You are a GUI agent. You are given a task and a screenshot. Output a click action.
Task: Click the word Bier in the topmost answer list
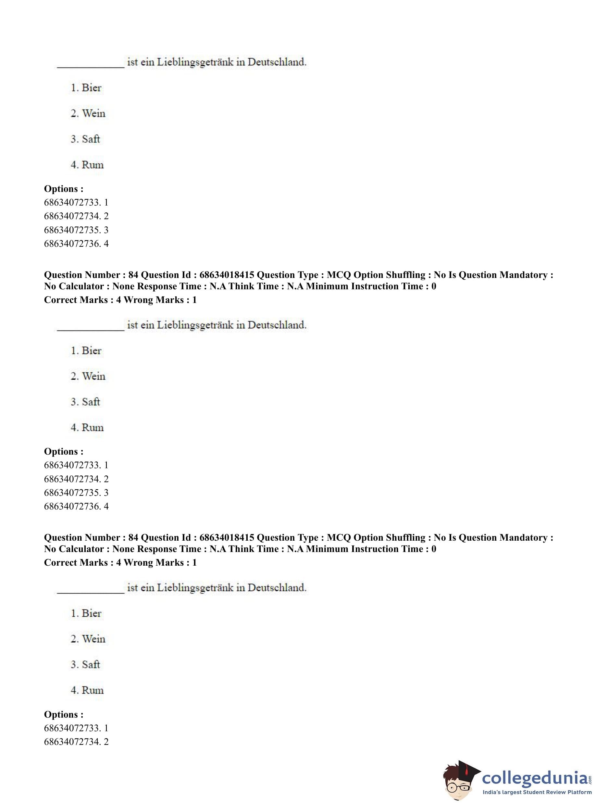coord(91,88)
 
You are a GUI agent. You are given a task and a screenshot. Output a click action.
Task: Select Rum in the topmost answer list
coord(93,165)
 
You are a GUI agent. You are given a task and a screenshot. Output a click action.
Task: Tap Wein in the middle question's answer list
coord(93,376)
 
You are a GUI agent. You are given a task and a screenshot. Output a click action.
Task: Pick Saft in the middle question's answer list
coord(91,402)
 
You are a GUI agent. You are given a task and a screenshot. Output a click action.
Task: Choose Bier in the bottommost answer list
coord(91,613)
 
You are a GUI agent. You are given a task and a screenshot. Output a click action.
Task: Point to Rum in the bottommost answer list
coord(93,690)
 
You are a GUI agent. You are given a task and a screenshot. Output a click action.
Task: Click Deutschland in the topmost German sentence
coord(277,62)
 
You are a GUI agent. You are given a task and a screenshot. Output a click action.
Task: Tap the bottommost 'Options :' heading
coord(64,714)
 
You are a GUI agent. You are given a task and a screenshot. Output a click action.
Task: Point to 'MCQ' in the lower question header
coord(339,538)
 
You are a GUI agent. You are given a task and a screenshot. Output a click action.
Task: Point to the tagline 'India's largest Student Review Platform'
coord(537,792)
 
